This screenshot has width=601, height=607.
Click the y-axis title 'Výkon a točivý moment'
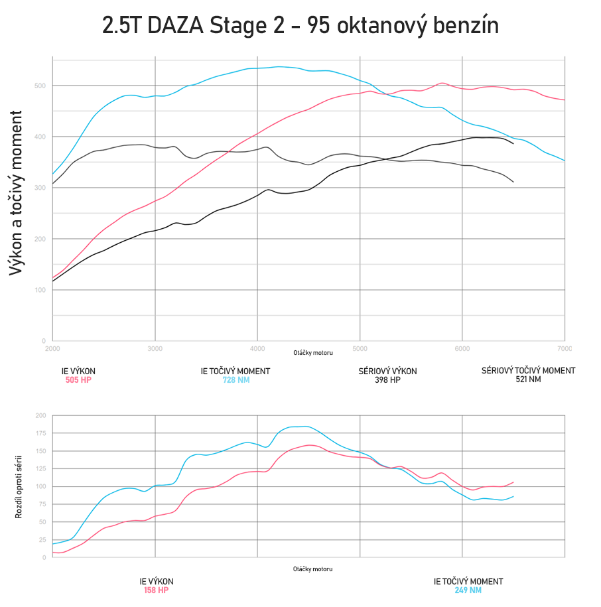[18, 193]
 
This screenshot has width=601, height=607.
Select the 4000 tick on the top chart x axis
[257, 348]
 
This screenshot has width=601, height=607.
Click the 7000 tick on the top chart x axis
[564, 348]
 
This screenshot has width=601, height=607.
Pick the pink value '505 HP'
[78, 380]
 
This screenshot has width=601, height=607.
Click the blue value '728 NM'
[235, 380]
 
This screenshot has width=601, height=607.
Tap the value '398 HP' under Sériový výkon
[387, 380]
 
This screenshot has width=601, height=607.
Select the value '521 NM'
[528, 379]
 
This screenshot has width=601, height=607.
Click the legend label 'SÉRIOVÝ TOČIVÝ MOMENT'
[528, 370]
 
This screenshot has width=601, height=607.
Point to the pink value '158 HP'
[156, 590]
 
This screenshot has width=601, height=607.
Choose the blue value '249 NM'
[468, 590]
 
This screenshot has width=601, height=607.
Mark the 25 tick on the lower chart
[42, 540]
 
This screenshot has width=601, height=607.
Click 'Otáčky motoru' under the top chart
[313, 353]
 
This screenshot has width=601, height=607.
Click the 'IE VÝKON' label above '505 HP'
[78, 371]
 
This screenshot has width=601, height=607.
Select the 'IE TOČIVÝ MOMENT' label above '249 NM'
[468, 581]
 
